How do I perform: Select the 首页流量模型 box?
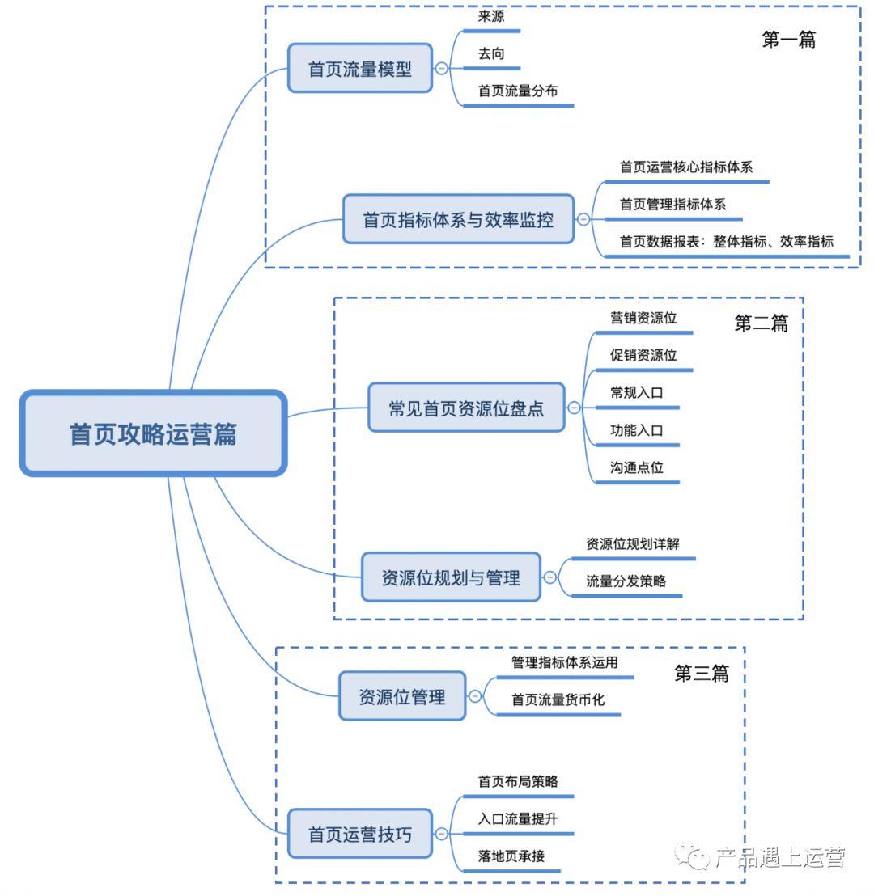(x=360, y=69)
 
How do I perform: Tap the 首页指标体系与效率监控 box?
(x=458, y=219)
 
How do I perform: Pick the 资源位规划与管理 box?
(x=451, y=577)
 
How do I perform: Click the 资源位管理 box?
(x=402, y=696)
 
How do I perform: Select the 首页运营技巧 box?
(x=360, y=834)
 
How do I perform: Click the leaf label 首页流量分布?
(x=518, y=91)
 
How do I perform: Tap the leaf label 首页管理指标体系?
(x=672, y=204)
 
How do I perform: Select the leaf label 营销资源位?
(x=643, y=318)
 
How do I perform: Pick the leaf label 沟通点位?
(x=637, y=467)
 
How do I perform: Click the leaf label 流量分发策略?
(x=626, y=581)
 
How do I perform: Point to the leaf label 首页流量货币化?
(x=558, y=699)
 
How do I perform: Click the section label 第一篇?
(x=788, y=40)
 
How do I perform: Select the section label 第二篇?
(x=761, y=323)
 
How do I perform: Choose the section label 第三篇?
(x=702, y=674)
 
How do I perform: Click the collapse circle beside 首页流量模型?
(x=441, y=69)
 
